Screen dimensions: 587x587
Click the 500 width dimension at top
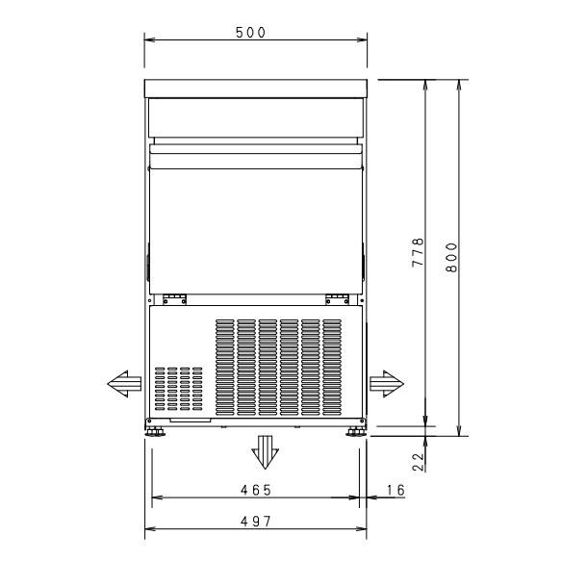tap(251, 33)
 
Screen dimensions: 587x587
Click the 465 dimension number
tap(255, 490)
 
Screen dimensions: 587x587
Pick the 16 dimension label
tap(396, 490)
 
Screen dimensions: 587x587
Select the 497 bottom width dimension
tap(255, 521)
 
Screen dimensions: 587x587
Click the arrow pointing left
tap(124, 384)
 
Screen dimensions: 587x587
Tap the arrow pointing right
tap(387, 383)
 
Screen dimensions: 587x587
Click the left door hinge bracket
tap(173, 297)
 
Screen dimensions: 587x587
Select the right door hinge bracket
tap(335, 297)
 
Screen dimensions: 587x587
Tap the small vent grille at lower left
tap(178, 390)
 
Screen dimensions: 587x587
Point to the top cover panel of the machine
tap(255, 89)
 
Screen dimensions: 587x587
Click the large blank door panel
tap(255, 226)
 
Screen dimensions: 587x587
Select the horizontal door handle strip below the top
tap(255, 147)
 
